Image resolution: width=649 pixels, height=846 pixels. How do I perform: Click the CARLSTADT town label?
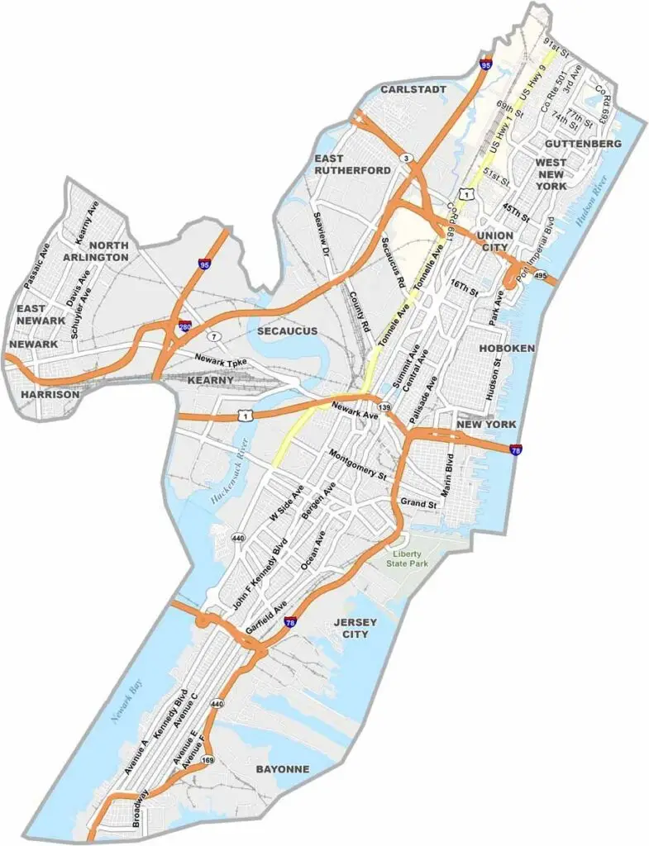tap(413, 88)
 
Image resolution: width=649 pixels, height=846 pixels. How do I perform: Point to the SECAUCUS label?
tap(287, 330)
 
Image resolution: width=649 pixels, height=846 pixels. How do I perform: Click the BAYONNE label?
tap(283, 769)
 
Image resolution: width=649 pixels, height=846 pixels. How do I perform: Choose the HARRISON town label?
tap(50, 395)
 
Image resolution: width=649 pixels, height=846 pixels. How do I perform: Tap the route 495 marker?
tap(541, 275)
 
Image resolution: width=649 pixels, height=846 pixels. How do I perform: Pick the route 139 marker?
tap(384, 408)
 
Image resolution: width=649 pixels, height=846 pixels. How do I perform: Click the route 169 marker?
tap(208, 759)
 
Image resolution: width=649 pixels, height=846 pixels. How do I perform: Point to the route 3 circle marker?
tap(406, 158)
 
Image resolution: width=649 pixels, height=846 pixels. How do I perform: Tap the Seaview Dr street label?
tap(322, 233)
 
